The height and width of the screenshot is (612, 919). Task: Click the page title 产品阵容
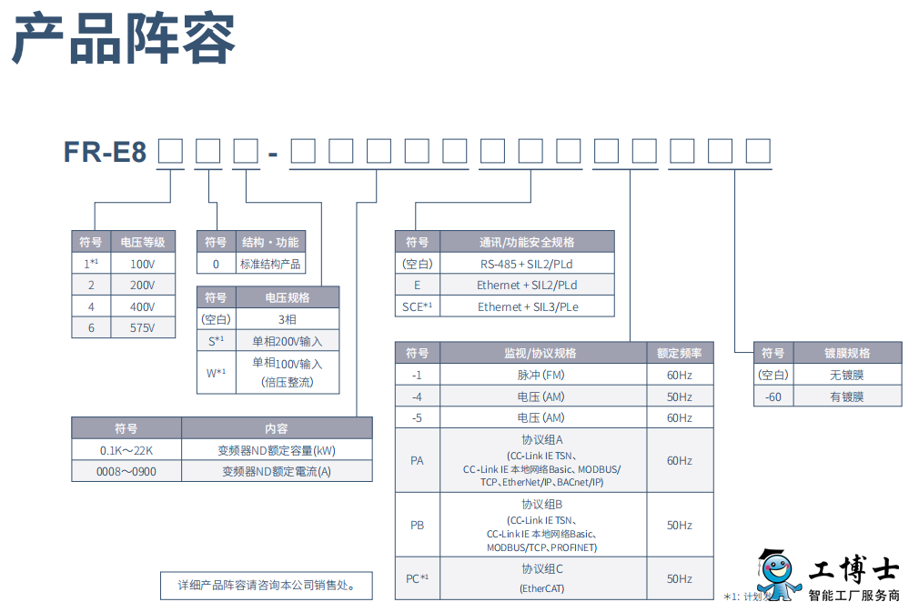[x=124, y=39]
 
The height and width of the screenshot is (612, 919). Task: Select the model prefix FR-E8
[x=106, y=152]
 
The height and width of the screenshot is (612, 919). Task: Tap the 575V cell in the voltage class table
[x=142, y=328]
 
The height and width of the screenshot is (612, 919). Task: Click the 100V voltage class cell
[x=142, y=264]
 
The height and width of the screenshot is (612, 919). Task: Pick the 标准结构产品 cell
[x=269, y=264]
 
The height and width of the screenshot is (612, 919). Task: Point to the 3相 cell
[x=288, y=319]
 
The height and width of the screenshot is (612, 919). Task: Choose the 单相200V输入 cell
[x=288, y=341]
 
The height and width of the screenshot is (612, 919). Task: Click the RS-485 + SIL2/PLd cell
[x=527, y=264]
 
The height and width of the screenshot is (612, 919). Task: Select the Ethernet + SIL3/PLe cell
[x=527, y=306]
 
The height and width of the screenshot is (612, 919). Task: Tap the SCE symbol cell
[x=417, y=306]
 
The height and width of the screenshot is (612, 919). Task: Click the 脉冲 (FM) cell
[x=540, y=375]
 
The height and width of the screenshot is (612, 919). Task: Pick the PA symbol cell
[x=417, y=460]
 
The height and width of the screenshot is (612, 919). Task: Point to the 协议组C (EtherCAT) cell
[x=540, y=578]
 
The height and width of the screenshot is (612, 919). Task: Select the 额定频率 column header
[x=679, y=353]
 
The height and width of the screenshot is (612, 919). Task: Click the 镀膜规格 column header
[x=846, y=353]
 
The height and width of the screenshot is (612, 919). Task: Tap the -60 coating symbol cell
[x=773, y=396]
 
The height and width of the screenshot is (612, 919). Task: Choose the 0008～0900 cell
[x=126, y=472]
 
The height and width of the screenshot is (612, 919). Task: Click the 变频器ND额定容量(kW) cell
[x=277, y=450]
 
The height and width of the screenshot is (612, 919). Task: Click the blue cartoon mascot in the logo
[x=778, y=575]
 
